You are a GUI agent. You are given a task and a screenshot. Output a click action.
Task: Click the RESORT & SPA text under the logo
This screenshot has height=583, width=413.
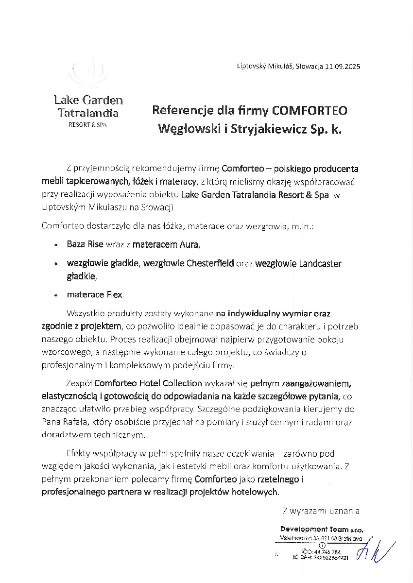click(88, 125)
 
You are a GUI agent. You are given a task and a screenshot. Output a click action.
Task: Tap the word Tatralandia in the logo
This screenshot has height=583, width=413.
click(88, 113)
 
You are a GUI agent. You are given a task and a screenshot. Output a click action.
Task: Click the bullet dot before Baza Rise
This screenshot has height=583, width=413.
click(56, 245)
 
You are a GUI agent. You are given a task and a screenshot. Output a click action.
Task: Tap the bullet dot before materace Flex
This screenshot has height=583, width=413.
click(56, 295)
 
